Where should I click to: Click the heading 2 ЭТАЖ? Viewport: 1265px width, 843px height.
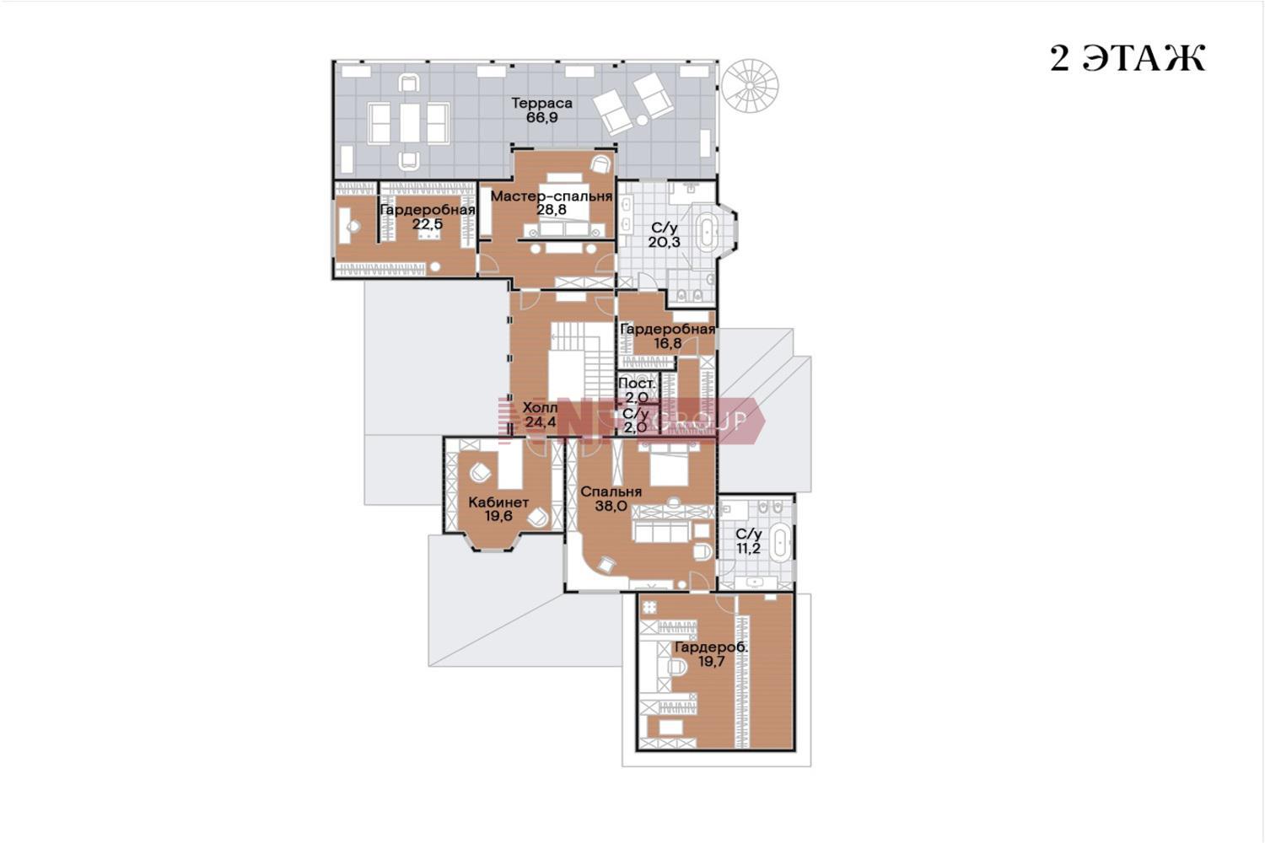1128,58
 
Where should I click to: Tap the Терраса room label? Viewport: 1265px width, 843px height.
541,104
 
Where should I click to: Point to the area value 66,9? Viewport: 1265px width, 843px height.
541,117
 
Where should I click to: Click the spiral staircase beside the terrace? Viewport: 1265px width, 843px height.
750,86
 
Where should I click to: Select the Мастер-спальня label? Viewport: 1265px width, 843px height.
552,196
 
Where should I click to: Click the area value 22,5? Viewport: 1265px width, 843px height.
428,223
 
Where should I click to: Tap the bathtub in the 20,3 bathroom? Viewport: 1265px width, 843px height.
707,229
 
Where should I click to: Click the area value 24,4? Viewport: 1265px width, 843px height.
541,421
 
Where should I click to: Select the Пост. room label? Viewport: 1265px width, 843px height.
637,384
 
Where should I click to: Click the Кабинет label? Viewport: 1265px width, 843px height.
498,502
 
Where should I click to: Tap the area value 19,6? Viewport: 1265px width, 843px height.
498,516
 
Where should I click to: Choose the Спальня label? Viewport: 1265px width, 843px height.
611,491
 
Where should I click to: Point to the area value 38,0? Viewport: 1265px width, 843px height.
611,506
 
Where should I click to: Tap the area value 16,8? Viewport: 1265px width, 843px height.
668,343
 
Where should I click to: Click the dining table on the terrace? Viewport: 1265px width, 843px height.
409,122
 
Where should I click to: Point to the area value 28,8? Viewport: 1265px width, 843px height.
552,210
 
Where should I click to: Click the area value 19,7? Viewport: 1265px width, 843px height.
712,662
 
